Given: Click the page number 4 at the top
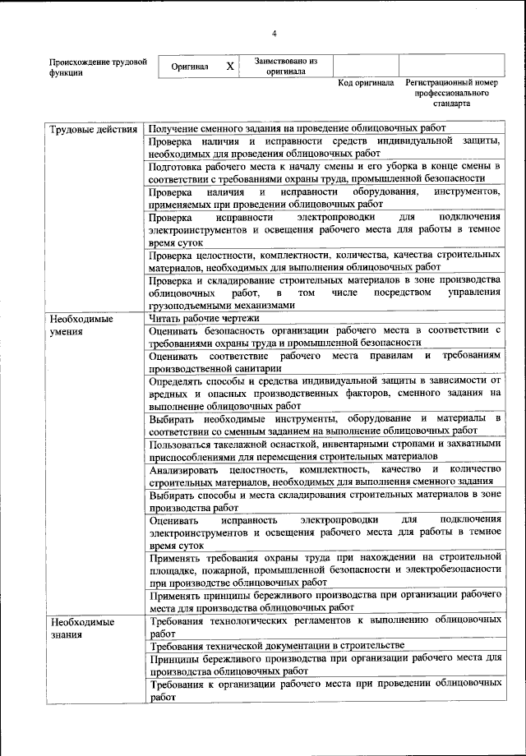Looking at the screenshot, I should tap(274, 32).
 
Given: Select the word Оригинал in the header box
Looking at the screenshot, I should tap(189, 67).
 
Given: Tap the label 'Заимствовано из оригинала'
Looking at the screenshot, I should tap(285, 66).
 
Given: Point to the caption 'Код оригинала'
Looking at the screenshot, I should tap(366, 84).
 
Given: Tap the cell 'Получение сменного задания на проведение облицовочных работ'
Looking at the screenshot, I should tap(297, 129).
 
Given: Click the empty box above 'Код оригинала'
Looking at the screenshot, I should tap(367, 66).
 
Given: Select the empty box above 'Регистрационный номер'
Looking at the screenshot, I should tap(450, 66).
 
